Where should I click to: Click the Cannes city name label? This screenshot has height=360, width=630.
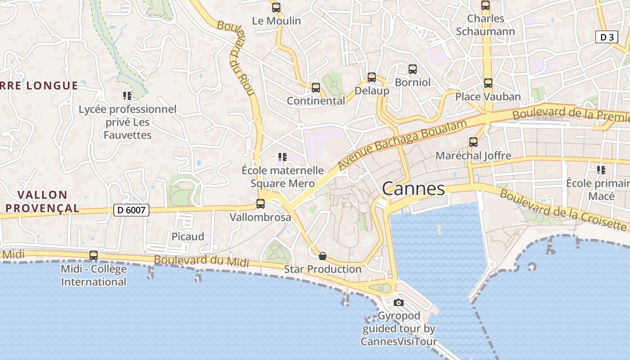tap(413, 189)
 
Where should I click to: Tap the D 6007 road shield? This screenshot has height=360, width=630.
tap(131, 210)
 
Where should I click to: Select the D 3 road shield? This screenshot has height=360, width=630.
tap(607, 37)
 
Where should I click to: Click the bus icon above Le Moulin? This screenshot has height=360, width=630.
tap(276, 8)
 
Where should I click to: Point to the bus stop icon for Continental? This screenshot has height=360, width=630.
tap(316, 88)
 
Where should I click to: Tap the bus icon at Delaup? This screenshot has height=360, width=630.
tap(372, 77)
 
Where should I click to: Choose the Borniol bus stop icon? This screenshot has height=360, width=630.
tap(413, 69)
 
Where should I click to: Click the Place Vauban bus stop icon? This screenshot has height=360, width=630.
tap(488, 83)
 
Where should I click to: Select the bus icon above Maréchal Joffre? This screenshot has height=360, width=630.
tap(473, 142)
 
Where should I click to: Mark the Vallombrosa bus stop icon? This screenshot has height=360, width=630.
tap(261, 204)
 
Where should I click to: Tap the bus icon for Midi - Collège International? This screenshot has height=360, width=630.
tap(94, 256)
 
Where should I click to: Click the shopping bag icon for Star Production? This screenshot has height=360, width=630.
tap(323, 256)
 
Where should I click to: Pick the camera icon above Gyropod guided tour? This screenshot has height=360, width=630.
tap(399, 302)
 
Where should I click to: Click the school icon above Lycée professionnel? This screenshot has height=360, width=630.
tap(127, 95)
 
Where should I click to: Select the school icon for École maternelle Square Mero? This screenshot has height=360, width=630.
tap(283, 157)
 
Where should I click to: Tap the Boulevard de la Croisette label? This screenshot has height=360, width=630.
tap(562, 210)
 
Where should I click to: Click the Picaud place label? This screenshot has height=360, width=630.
tap(188, 237)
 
